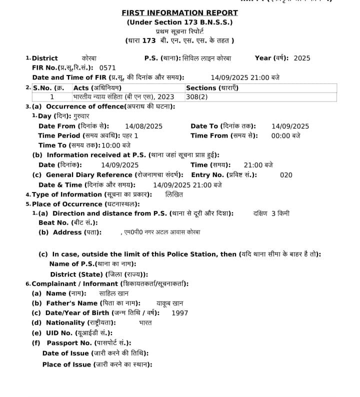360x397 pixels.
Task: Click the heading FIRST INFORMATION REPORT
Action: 179,13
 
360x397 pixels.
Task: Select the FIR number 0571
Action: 107,67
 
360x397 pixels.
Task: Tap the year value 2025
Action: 302,58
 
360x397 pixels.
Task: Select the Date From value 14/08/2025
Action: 143,126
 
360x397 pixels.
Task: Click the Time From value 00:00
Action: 281,135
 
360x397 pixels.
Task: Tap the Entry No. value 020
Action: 286,175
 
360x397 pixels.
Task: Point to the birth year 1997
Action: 179,313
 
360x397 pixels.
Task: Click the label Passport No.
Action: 69,342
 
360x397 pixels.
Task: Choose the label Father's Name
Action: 71,303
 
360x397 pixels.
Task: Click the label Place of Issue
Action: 66,364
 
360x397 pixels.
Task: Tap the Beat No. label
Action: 53,222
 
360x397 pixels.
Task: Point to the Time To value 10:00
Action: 110,145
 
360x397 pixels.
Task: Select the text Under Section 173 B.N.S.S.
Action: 179,22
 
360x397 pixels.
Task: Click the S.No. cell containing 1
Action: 52,97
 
